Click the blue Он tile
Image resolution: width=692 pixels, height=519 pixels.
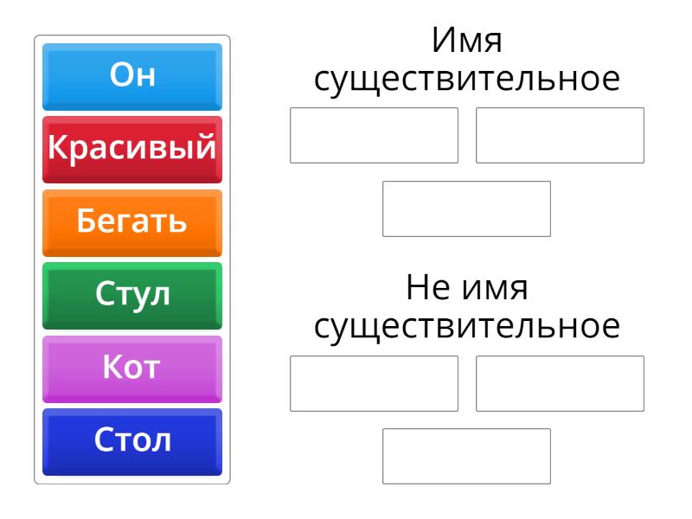click(x=132, y=77)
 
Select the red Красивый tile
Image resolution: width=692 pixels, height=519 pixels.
click(x=132, y=150)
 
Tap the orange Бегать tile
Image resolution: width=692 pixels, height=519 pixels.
click(x=132, y=223)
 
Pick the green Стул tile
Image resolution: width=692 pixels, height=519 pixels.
click(x=132, y=296)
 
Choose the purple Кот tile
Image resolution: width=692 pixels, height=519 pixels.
click(x=132, y=369)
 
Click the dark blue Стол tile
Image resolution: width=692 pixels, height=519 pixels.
click(x=132, y=442)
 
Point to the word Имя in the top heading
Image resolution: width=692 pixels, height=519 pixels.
click(x=467, y=40)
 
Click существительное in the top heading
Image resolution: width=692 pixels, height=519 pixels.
click(x=467, y=80)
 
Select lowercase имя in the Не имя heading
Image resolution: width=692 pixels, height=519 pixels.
click(x=494, y=290)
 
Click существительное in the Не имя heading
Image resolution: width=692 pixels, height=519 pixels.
click(x=467, y=327)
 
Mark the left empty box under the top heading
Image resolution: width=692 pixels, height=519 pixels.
click(x=374, y=135)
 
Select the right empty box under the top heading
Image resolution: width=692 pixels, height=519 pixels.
click(x=560, y=135)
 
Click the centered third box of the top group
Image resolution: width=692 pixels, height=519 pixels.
click(x=466, y=208)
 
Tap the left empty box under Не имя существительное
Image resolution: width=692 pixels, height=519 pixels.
click(x=374, y=383)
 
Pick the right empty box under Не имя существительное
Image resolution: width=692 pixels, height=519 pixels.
click(x=560, y=383)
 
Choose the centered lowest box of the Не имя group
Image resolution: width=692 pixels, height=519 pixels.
click(x=466, y=456)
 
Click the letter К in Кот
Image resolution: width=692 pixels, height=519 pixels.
click(x=112, y=366)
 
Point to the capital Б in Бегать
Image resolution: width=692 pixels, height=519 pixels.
click(x=86, y=220)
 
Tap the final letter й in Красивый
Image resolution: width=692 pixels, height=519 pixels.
click(x=206, y=146)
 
